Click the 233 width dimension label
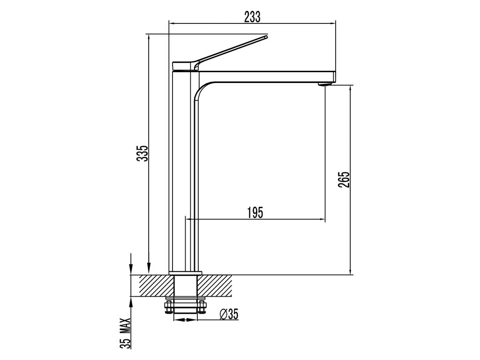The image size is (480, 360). click(252, 17)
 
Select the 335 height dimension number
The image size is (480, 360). click(142, 153)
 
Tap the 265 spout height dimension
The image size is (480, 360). click(344, 180)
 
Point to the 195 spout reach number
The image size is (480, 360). click(255, 212)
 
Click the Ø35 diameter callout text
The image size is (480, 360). click(229, 314)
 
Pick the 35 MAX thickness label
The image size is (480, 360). click(125, 333)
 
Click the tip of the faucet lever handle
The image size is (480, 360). click(266, 37)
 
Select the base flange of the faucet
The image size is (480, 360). click(185, 273)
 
